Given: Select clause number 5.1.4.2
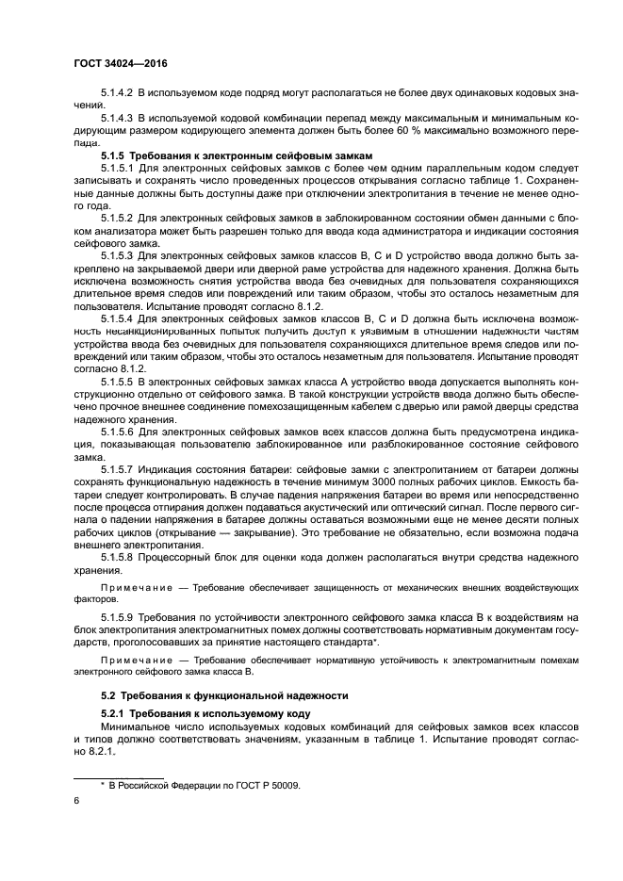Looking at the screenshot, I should click(119, 96).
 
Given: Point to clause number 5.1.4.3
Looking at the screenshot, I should click(119, 119).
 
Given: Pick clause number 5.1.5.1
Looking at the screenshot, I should click(119, 167).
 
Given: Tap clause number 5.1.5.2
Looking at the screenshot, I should click(119, 216).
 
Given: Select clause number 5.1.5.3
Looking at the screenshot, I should click(119, 253).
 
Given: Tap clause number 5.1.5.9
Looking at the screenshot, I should click(119, 615).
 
